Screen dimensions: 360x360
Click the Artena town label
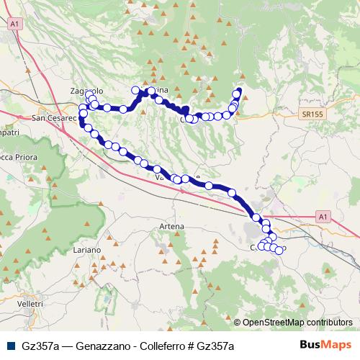(172, 226)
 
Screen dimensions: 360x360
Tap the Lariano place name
(87, 249)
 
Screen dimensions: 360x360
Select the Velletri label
(30, 305)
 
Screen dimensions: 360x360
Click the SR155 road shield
(312, 114)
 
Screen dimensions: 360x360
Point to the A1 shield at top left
(14, 24)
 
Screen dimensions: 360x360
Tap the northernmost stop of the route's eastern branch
(238, 91)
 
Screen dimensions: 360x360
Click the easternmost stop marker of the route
(279, 251)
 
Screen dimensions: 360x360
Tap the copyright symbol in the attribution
(238, 323)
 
